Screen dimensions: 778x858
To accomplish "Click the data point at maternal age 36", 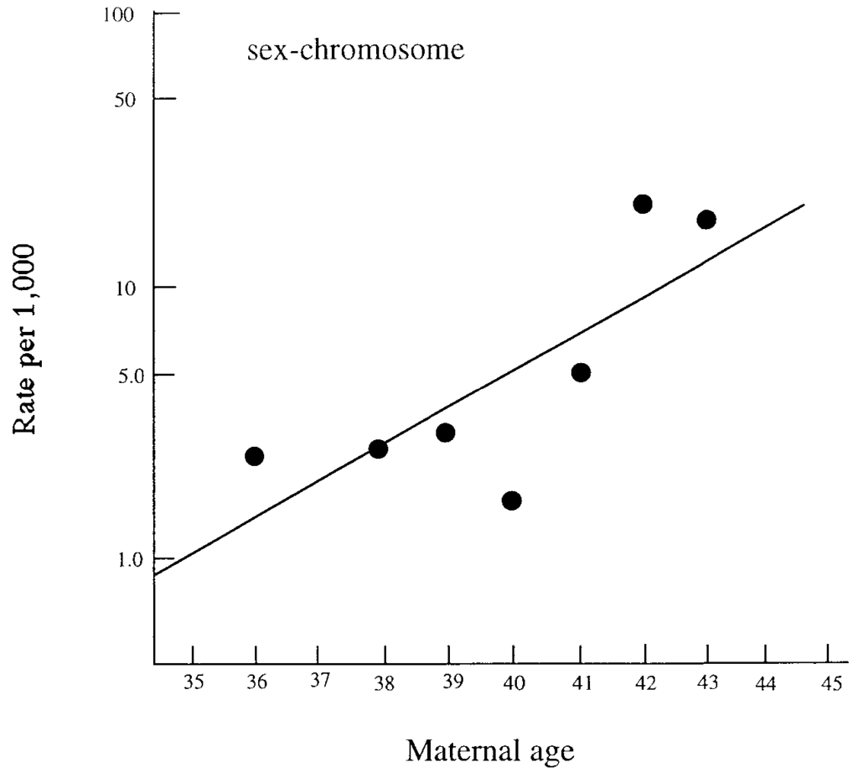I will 255,456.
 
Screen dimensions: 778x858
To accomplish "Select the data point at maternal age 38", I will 378,449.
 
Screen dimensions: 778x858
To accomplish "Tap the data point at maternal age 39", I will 446,433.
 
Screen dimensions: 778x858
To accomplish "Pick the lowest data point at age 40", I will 512,501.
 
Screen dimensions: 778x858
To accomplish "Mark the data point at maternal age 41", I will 581,372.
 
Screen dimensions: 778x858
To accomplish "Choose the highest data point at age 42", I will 643,204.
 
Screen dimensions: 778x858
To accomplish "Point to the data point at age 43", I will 706,220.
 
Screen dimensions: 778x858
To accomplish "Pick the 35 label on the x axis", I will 193,682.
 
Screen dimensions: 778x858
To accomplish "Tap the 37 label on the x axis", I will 318,680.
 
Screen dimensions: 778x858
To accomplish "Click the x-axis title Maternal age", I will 490,750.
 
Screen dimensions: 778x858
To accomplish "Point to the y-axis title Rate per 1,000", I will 25,339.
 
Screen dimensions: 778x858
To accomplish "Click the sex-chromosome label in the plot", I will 355,51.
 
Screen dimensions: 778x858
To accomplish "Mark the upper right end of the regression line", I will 804,205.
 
